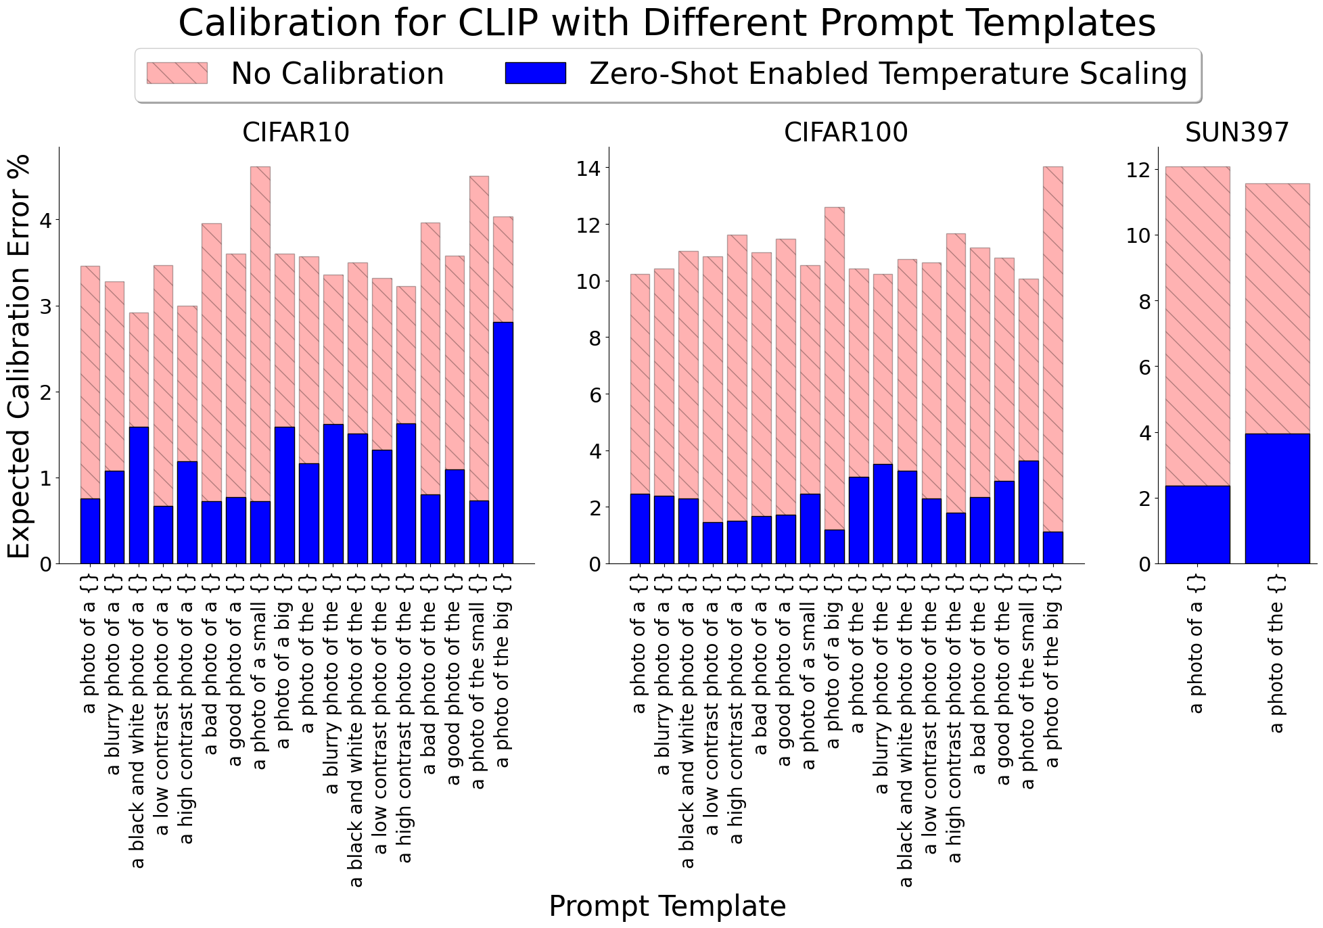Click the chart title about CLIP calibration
click(x=667, y=24)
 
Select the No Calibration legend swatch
click(x=177, y=73)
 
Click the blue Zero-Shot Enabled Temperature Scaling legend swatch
click(x=536, y=73)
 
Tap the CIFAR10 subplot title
click(x=296, y=133)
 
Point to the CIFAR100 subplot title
click(x=845, y=133)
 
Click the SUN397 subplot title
click(x=1237, y=133)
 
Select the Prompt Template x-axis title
click(x=667, y=906)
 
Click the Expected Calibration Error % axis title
click(x=20, y=356)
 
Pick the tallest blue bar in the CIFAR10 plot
click(x=503, y=443)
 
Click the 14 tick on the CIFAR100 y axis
click(x=589, y=168)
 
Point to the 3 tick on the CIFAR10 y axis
click(x=46, y=306)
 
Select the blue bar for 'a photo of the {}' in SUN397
click(x=1277, y=498)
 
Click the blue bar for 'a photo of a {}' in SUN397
click(x=1198, y=525)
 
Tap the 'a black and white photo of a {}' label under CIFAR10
click(x=138, y=721)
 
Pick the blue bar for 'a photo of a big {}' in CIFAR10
click(x=285, y=495)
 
